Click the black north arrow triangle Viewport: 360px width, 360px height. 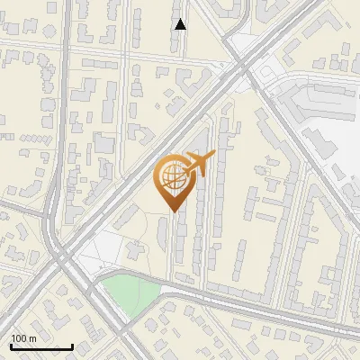pyautogui.click(x=181, y=24)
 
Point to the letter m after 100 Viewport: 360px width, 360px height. pyautogui.click(x=32, y=338)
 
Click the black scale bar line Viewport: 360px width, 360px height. pyautogui.click(x=41, y=346)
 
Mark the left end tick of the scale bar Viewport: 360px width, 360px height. pyautogui.click(x=11, y=346)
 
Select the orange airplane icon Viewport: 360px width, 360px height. pyautogui.click(x=199, y=165)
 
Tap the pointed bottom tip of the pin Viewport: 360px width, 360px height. pyautogui.click(x=173, y=211)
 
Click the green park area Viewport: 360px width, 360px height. pyautogui.click(x=130, y=292)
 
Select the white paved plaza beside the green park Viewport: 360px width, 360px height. pyautogui.click(x=99, y=252)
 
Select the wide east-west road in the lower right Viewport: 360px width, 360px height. pyautogui.click(x=270, y=310)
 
